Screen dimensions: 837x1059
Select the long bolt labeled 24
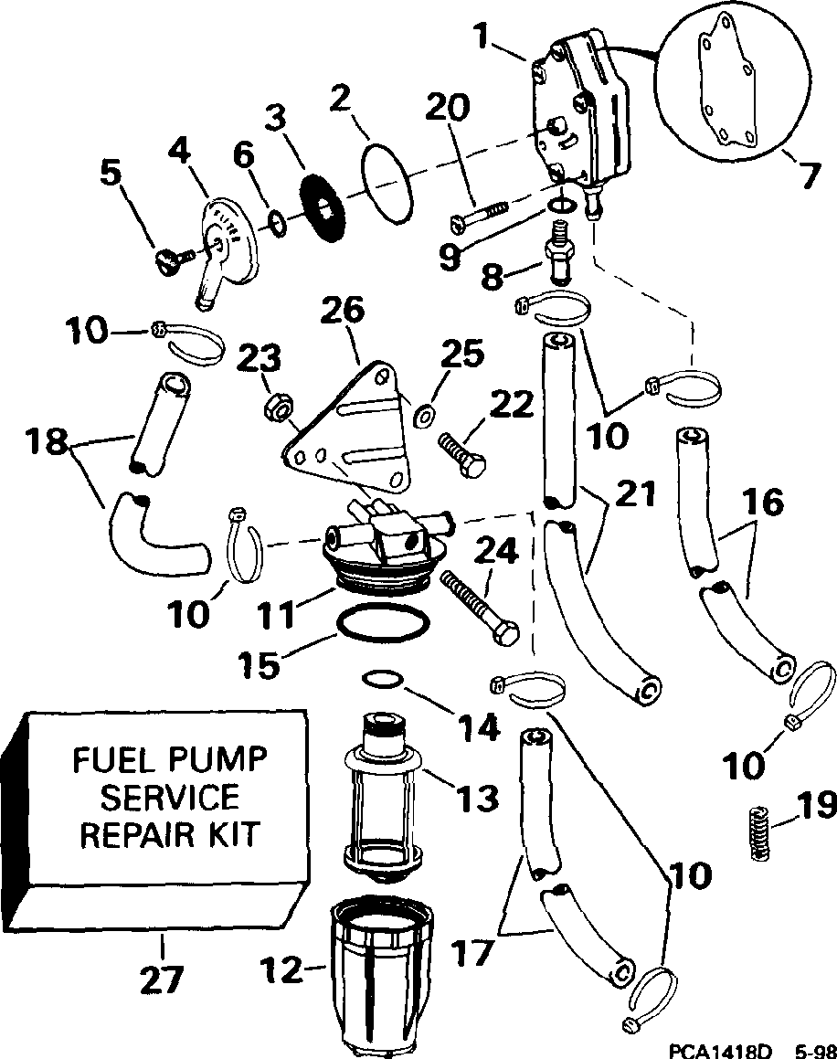[480, 607]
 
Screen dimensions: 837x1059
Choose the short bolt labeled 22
[462, 454]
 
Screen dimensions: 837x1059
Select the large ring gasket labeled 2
[387, 179]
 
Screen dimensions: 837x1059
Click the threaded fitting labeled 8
[560, 255]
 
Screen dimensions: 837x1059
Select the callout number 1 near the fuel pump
[481, 37]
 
